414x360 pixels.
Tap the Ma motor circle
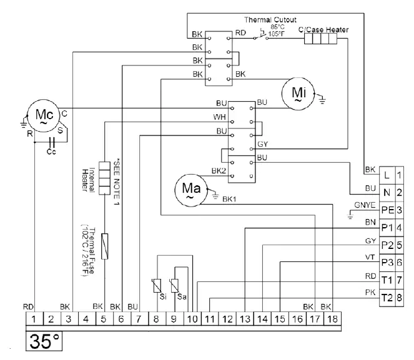click(189, 188)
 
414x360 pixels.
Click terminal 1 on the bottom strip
click(34, 319)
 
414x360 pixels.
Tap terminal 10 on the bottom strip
click(192, 319)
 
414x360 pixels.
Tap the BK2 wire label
click(219, 171)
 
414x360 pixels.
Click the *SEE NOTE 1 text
click(117, 180)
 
